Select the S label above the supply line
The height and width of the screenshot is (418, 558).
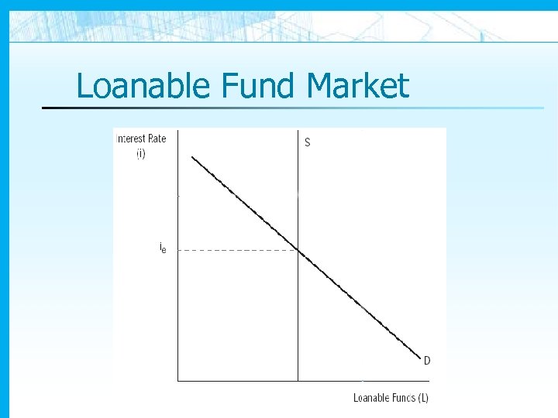[x=308, y=142]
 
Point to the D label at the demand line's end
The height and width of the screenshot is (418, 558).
[x=427, y=360]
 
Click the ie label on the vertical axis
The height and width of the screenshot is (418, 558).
[x=162, y=248]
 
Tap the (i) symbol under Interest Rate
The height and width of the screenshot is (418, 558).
[x=140, y=154]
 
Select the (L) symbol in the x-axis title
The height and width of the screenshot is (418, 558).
[x=422, y=398]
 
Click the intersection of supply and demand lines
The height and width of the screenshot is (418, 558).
[x=298, y=250]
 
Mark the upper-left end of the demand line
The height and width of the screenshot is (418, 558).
[x=192, y=157]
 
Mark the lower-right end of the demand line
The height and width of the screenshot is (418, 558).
[x=419, y=358]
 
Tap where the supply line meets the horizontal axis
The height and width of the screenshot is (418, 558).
[x=298, y=380]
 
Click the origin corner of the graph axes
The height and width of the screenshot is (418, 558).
[x=177, y=380]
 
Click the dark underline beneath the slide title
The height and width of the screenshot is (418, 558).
[x=232, y=108]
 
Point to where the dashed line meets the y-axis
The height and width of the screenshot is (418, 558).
[x=177, y=250]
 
